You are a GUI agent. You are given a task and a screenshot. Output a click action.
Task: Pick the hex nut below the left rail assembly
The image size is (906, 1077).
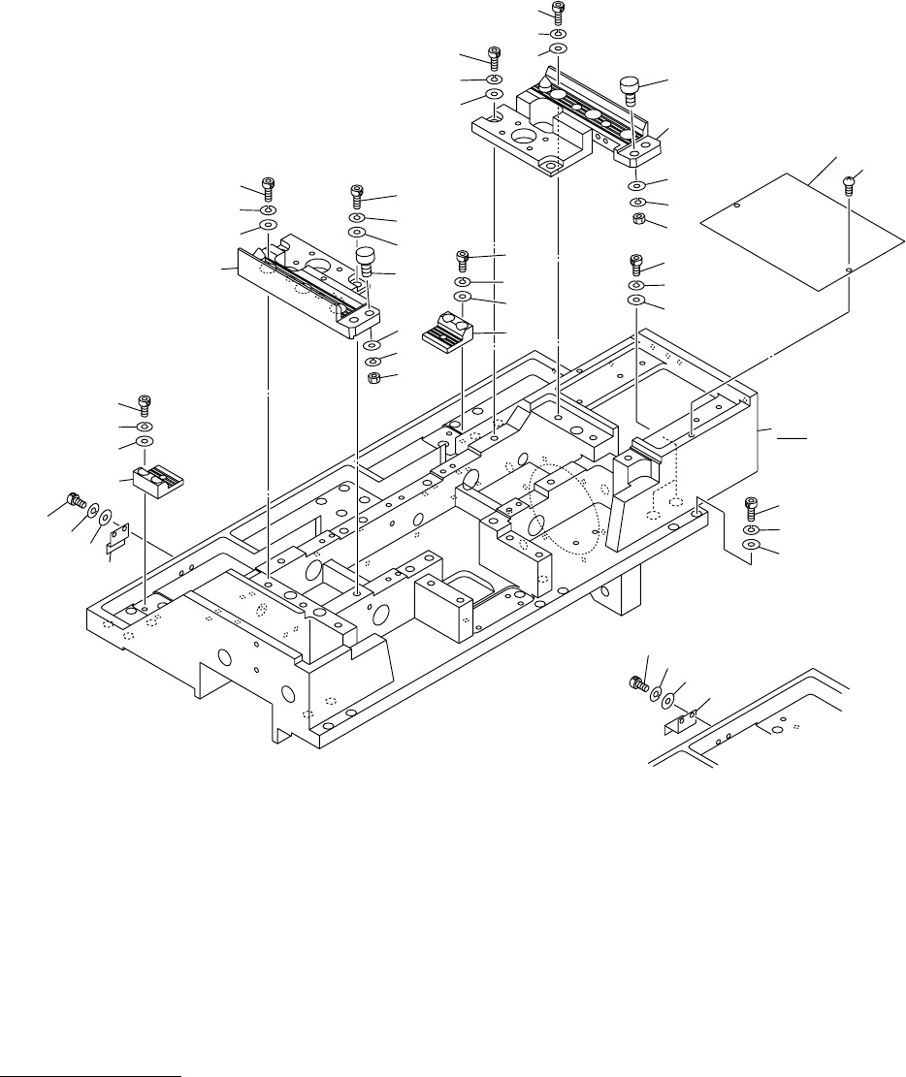[x=374, y=377]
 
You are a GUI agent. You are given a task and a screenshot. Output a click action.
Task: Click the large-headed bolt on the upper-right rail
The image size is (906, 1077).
[x=630, y=93]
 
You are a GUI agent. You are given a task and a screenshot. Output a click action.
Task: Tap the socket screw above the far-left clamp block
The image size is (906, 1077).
[x=145, y=402]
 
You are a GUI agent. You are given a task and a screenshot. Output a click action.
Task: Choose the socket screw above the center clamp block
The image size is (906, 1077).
[x=463, y=260]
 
